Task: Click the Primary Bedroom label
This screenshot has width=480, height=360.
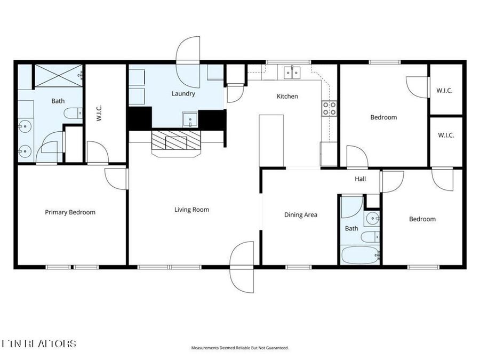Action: click(70, 212)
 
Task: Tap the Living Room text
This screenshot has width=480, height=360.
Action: click(191, 210)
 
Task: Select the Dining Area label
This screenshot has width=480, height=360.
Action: click(300, 215)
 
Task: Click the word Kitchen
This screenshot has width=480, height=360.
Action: click(287, 97)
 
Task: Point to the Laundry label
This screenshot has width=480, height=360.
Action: click(183, 94)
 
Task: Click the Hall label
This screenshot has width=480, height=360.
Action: click(361, 179)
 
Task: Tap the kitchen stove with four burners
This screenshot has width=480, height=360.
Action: click(329, 108)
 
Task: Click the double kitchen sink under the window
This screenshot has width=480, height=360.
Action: click(292, 71)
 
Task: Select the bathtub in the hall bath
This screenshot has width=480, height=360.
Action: click(360, 254)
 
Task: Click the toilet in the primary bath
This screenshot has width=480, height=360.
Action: click(73, 113)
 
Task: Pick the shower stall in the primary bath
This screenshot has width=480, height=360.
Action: click(58, 75)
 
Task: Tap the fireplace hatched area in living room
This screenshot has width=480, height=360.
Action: click(176, 142)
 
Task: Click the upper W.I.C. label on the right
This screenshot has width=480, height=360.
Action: click(444, 91)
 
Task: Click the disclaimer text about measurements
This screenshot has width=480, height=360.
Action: click(240, 348)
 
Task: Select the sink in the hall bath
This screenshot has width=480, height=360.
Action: click(372, 217)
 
